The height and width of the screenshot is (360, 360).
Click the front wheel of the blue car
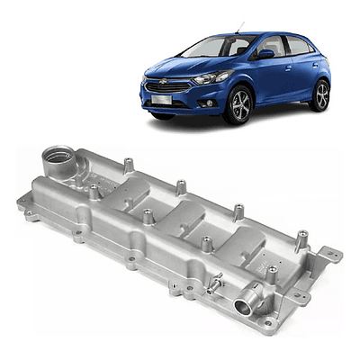(237, 106)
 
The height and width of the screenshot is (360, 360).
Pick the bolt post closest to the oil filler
(94, 190)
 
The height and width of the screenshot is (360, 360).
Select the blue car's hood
(180, 67)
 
